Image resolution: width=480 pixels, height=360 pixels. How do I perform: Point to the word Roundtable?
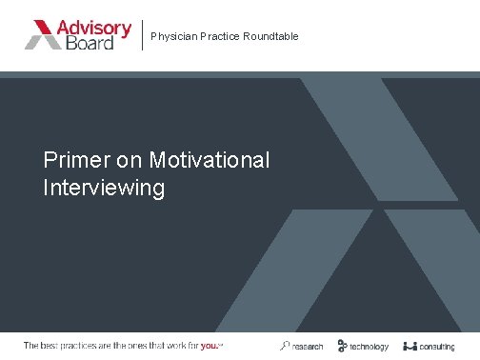click(x=270, y=36)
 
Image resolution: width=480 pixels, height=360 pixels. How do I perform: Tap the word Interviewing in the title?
click(x=104, y=187)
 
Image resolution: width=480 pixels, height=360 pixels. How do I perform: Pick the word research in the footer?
click(x=308, y=346)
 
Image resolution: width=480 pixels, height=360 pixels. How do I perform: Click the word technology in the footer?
click(x=369, y=346)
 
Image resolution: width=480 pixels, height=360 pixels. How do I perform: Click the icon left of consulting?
click(x=410, y=346)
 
